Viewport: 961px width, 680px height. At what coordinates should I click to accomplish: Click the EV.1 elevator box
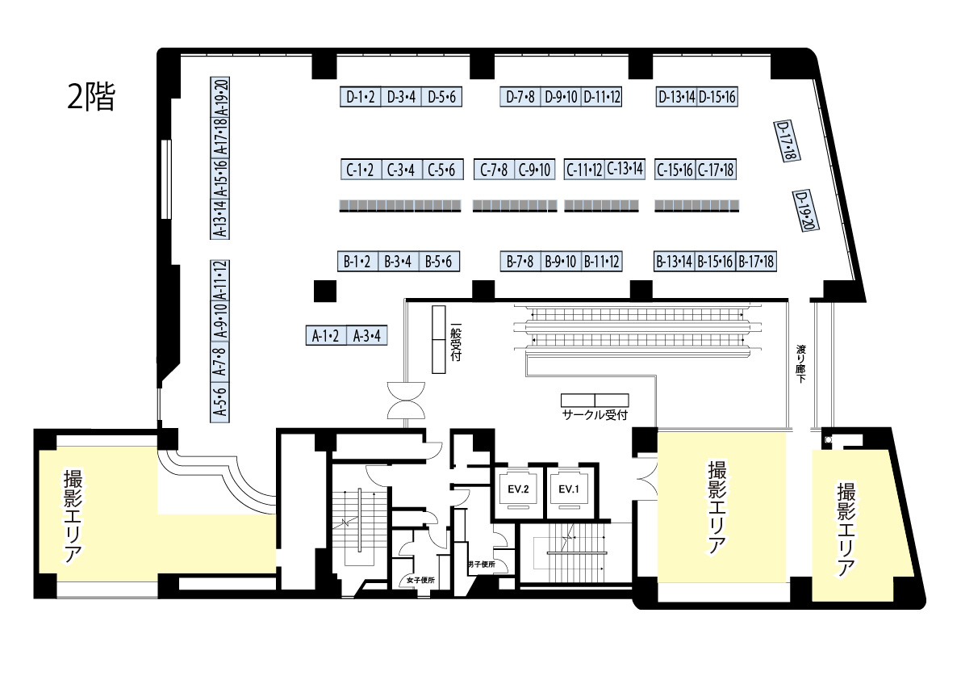pyautogui.click(x=568, y=489)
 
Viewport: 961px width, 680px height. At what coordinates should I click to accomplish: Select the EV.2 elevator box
pyautogui.click(x=518, y=489)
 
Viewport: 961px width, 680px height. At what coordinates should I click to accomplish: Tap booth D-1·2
pyautogui.click(x=361, y=97)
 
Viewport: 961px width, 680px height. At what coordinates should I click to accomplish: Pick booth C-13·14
pyautogui.click(x=625, y=169)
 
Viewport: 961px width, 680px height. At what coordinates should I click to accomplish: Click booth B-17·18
pyautogui.click(x=756, y=262)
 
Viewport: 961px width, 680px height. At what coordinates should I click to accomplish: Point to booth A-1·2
pyautogui.click(x=325, y=335)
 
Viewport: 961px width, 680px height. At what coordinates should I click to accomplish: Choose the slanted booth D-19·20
pyautogui.click(x=806, y=210)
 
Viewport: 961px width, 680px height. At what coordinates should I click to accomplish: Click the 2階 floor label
pyautogui.click(x=90, y=96)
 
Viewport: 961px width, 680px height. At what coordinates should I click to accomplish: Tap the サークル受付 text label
pyautogui.click(x=595, y=415)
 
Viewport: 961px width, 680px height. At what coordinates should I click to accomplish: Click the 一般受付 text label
pyautogui.click(x=455, y=342)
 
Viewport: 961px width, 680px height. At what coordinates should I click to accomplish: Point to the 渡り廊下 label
pyautogui.click(x=801, y=363)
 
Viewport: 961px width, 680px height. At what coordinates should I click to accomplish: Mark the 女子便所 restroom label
pyautogui.click(x=420, y=580)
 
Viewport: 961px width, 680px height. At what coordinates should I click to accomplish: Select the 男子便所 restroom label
pyautogui.click(x=481, y=565)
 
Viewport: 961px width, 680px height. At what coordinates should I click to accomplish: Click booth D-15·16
pyautogui.click(x=717, y=97)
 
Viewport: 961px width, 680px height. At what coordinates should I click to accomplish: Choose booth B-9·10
pyautogui.click(x=561, y=262)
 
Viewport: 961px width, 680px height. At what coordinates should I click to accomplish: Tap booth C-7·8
pyautogui.click(x=494, y=170)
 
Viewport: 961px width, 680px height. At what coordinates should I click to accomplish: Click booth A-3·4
pyautogui.click(x=366, y=335)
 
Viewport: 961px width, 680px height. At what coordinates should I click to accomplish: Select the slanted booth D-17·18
pyautogui.click(x=787, y=141)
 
